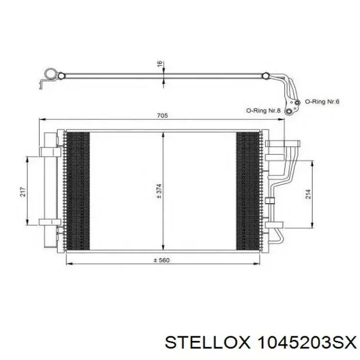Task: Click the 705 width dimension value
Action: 163,115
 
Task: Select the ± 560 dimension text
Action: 161,260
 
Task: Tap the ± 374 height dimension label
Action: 159,191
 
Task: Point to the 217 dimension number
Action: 23,192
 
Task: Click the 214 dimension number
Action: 308,194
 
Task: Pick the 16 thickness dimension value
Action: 160,63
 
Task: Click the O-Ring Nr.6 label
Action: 322,101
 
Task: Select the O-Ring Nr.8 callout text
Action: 263,111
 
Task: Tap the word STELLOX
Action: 207,343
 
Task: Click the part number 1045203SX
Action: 307,343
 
